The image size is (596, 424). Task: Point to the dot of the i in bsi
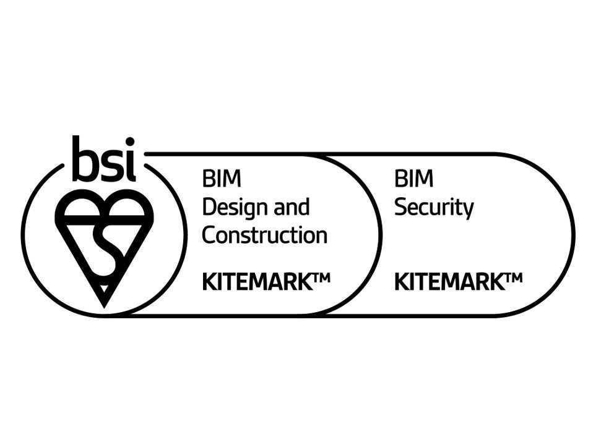pos(130,143)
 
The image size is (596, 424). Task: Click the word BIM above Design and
pos(214,180)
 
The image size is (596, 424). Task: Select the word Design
pos(230,208)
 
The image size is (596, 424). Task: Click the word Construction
pos(264,235)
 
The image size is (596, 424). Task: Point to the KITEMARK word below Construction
pos(256,282)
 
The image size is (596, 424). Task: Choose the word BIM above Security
pos(406,180)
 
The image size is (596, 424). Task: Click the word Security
pos(433,208)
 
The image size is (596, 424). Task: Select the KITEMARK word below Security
pos(448,282)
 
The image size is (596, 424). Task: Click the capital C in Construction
pos(210,235)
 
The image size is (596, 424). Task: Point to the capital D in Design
pos(209,208)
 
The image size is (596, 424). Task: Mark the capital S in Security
pos(401,208)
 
